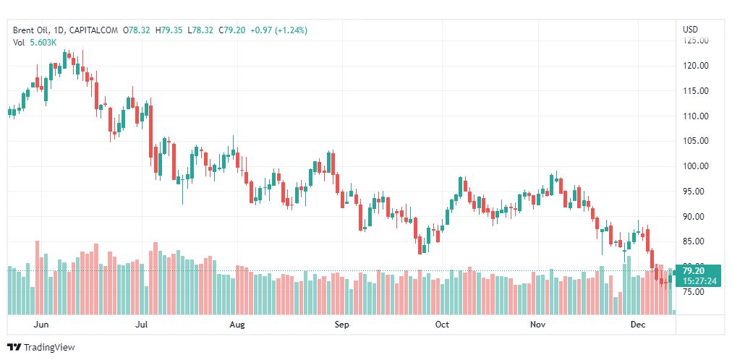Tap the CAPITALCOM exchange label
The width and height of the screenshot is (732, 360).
pyautogui.click(x=95, y=30)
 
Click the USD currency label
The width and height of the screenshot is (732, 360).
pyautogui.click(x=690, y=30)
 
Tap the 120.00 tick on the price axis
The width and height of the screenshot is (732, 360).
pyautogui.click(x=696, y=66)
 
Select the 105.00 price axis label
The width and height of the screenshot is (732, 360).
pyautogui.click(x=696, y=141)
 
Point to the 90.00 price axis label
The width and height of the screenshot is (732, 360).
pyautogui.click(x=696, y=217)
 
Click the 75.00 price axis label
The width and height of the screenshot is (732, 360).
pyautogui.click(x=696, y=292)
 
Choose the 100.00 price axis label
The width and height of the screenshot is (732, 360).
pyautogui.click(x=696, y=166)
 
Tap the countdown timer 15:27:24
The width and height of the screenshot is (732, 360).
pyautogui.click(x=699, y=280)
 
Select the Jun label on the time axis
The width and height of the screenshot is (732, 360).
pyautogui.click(x=41, y=325)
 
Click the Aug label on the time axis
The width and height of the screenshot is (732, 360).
pyautogui.click(x=237, y=325)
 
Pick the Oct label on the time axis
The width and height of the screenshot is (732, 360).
pyautogui.click(x=442, y=325)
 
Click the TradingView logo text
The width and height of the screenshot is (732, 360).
pyautogui.click(x=49, y=348)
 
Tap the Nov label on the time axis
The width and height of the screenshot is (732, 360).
pyautogui.click(x=537, y=325)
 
